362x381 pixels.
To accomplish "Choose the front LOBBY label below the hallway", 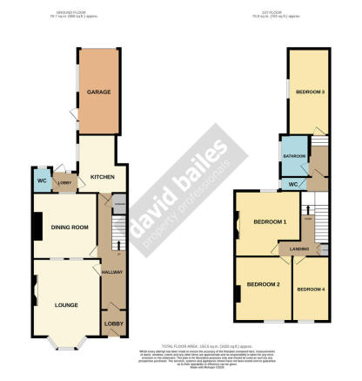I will pos(113,324).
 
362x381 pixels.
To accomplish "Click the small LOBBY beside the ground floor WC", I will pos(63,182).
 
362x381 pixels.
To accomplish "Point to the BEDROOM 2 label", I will pos(263,285).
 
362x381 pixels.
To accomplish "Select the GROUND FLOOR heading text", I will pos(86,12).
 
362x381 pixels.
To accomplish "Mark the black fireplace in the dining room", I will pos(36,228).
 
